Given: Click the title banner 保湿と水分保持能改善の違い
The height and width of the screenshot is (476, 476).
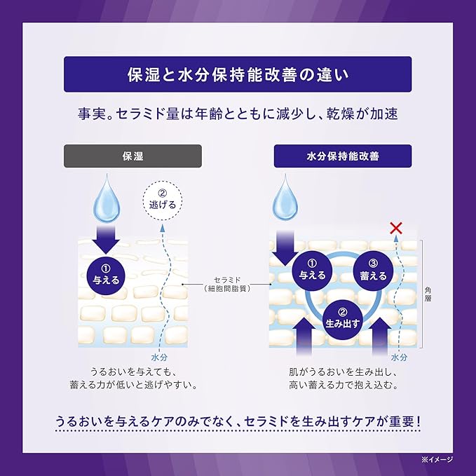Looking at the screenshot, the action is (x=238, y=74).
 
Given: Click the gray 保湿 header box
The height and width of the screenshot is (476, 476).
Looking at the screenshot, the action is (x=132, y=156).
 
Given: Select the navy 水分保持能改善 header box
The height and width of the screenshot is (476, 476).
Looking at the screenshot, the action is (x=343, y=156).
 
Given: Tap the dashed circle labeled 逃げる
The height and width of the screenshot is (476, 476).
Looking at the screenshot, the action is (x=163, y=200).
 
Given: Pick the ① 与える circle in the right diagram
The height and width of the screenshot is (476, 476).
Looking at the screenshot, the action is (x=312, y=271).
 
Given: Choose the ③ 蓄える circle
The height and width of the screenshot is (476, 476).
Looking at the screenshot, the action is (x=373, y=271).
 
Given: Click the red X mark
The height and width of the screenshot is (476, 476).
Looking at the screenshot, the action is (x=396, y=229).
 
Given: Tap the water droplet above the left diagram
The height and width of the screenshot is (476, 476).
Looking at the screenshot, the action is (x=107, y=198).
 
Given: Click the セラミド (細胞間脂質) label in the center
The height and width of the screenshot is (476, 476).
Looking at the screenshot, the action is (x=228, y=284).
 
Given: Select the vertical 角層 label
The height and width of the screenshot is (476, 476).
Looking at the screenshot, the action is (x=428, y=294).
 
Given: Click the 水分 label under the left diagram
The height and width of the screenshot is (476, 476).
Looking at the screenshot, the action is (x=159, y=358).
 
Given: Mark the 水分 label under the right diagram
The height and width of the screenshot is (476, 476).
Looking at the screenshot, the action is (x=399, y=358).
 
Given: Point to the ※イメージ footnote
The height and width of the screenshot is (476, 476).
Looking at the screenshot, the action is (x=437, y=460).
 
